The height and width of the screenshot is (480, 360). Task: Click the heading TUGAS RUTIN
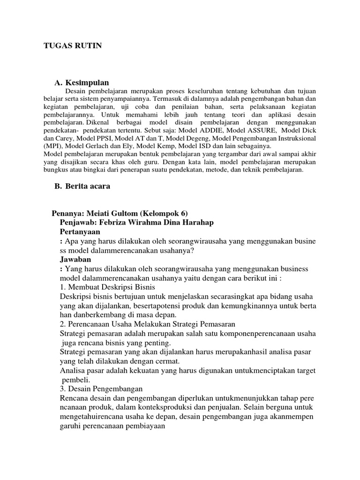(x=73, y=45)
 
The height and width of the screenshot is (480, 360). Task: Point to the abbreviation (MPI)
(x=52, y=146)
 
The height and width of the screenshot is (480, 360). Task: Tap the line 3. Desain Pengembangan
(x=102, y=389)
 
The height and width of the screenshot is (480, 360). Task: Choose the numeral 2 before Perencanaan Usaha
(x=62, y=324)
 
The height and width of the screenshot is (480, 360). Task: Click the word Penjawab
(x=78, y=222)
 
